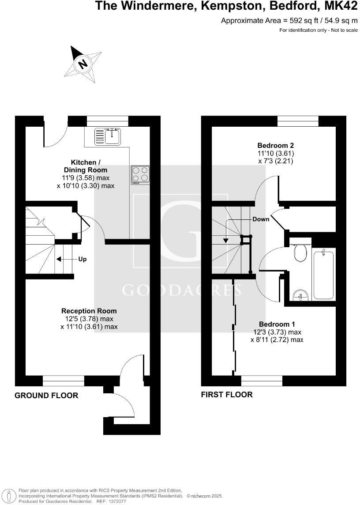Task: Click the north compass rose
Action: click(x=83, y=64)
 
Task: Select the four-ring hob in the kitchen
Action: click(x=140, y=174)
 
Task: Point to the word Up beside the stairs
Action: click(x=82, y=259)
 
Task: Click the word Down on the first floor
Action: click(x=261, y=219)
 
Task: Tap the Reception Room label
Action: click(x=89, y=311)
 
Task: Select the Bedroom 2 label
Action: click(x=276, y=145)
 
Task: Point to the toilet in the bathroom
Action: click(x=301, y=253)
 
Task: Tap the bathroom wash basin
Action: click(x=300, y=294)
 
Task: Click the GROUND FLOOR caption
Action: click(x=46, y=396)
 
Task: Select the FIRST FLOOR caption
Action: click(x=227, y=395)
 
